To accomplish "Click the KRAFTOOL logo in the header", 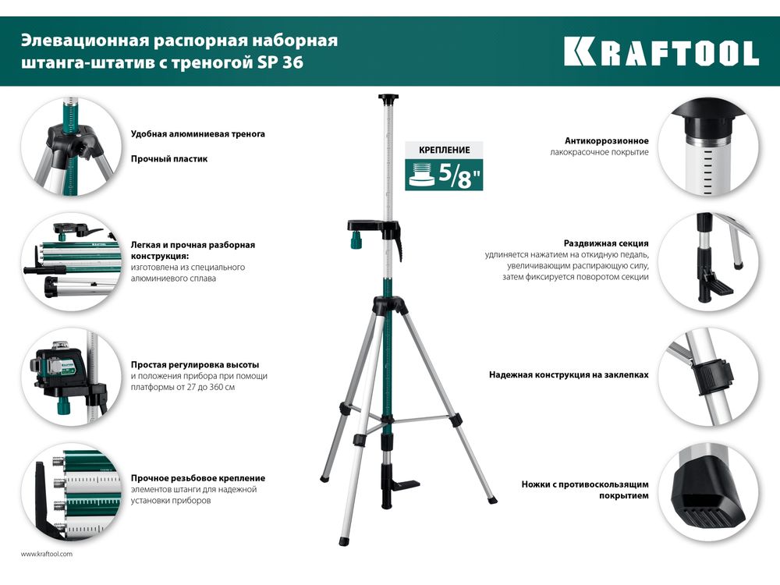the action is point(661,51).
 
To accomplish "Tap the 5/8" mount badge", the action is point(444,175).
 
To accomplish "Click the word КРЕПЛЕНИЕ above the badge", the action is point(445,150).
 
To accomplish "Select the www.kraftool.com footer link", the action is point(46,554).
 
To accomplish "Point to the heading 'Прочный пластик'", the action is point(169,159).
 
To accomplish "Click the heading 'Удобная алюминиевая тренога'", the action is point(198,134).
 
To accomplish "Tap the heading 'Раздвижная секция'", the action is point(606,243).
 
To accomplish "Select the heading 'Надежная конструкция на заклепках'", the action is point(569,374).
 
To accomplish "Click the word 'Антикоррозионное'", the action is point(606,140).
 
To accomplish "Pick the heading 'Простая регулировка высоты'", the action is point(195,364).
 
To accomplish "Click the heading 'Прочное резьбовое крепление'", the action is point(198,478).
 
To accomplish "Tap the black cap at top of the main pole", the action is point(388,98).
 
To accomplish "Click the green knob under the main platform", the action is point(356,240).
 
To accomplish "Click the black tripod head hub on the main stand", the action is point(389,304).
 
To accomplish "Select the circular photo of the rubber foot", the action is point(709,491).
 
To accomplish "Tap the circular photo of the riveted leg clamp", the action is point(709,376).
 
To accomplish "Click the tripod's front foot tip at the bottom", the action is point(342,542).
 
